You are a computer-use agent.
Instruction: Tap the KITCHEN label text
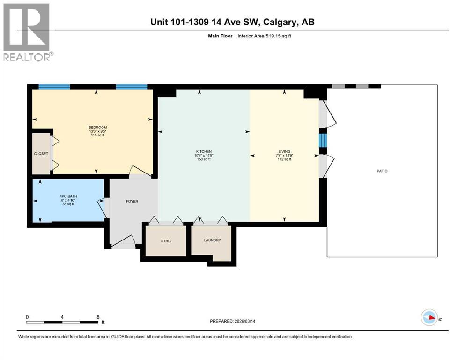[x=203, y=151]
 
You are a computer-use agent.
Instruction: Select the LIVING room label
[x=284, y=151]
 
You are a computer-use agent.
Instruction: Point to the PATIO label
[x=382, y=171]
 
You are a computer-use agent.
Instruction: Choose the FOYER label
[x=133, y=202]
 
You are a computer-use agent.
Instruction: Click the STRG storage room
[x=166, y=241]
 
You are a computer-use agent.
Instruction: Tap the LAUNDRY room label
[x=212, y=240]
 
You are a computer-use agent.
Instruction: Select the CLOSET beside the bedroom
[x=41, y=153]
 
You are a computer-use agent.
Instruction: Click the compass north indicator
[x=429, y=318]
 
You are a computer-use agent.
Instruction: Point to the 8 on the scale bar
[x=98, y=317]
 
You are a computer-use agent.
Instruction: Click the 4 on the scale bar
[x=62, y=317]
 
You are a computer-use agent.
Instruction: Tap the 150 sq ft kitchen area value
[x=203, y=159]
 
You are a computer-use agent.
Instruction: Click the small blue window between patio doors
[x=322, y=140]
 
